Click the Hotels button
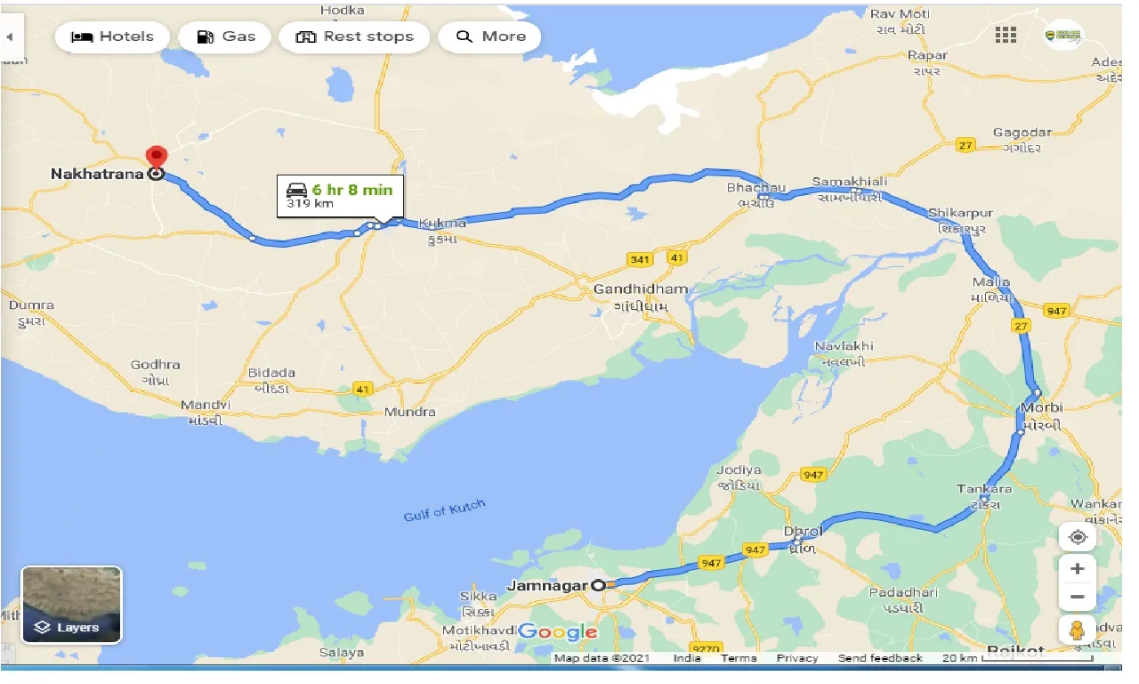click(x=112, y=37)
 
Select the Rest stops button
click(x=354, y=37)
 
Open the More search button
click(x=490, y=37)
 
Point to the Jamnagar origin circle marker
click(x=599, y=585)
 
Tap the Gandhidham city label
click(x=640, y=289)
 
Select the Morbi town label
click(x=1041, y=408)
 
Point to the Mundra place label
click(x=409, y=411)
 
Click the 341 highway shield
click(x=639, y=259)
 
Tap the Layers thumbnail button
click(x=71, y=605)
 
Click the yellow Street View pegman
click(x=1077, y=629)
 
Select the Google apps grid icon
click(x=1006, y=35)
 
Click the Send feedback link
click(x=880, y=658)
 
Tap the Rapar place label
click(x=927, y=55)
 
